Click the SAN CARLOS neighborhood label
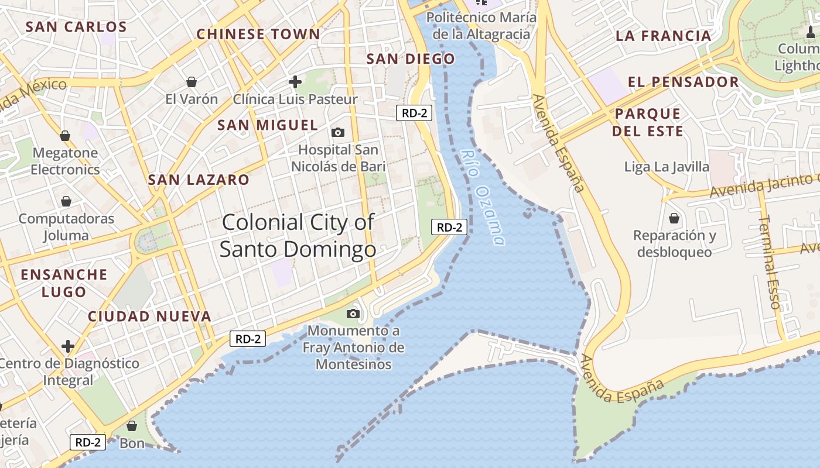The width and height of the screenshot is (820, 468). [76, 27]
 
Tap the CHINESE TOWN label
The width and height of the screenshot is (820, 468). [258, 34]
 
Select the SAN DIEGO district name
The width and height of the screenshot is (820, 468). [410, 58]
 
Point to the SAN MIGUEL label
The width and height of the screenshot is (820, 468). [268, 125]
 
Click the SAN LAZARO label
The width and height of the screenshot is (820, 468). [199, 180]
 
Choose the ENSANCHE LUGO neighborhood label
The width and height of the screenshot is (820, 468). [64, 283]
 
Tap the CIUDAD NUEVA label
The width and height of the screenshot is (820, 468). [149, 316]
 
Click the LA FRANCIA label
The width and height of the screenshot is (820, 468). [663, 36]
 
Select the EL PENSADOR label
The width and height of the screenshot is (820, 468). [683, 81]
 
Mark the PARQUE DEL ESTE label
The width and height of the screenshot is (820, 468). [648, 122]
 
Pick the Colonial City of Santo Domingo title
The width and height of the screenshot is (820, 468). [298, 235]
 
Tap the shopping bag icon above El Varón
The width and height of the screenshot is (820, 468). [191, 81]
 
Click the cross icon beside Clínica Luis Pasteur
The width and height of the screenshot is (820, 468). [295, 81]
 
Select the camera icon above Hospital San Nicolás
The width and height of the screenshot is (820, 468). [338, 132]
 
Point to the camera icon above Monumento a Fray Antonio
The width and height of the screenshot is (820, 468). [353, 314]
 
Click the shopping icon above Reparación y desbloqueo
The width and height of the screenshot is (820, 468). [674, 218]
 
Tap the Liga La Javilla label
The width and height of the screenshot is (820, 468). [667, 167]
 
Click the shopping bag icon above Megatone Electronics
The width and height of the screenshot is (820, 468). [65, 136]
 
